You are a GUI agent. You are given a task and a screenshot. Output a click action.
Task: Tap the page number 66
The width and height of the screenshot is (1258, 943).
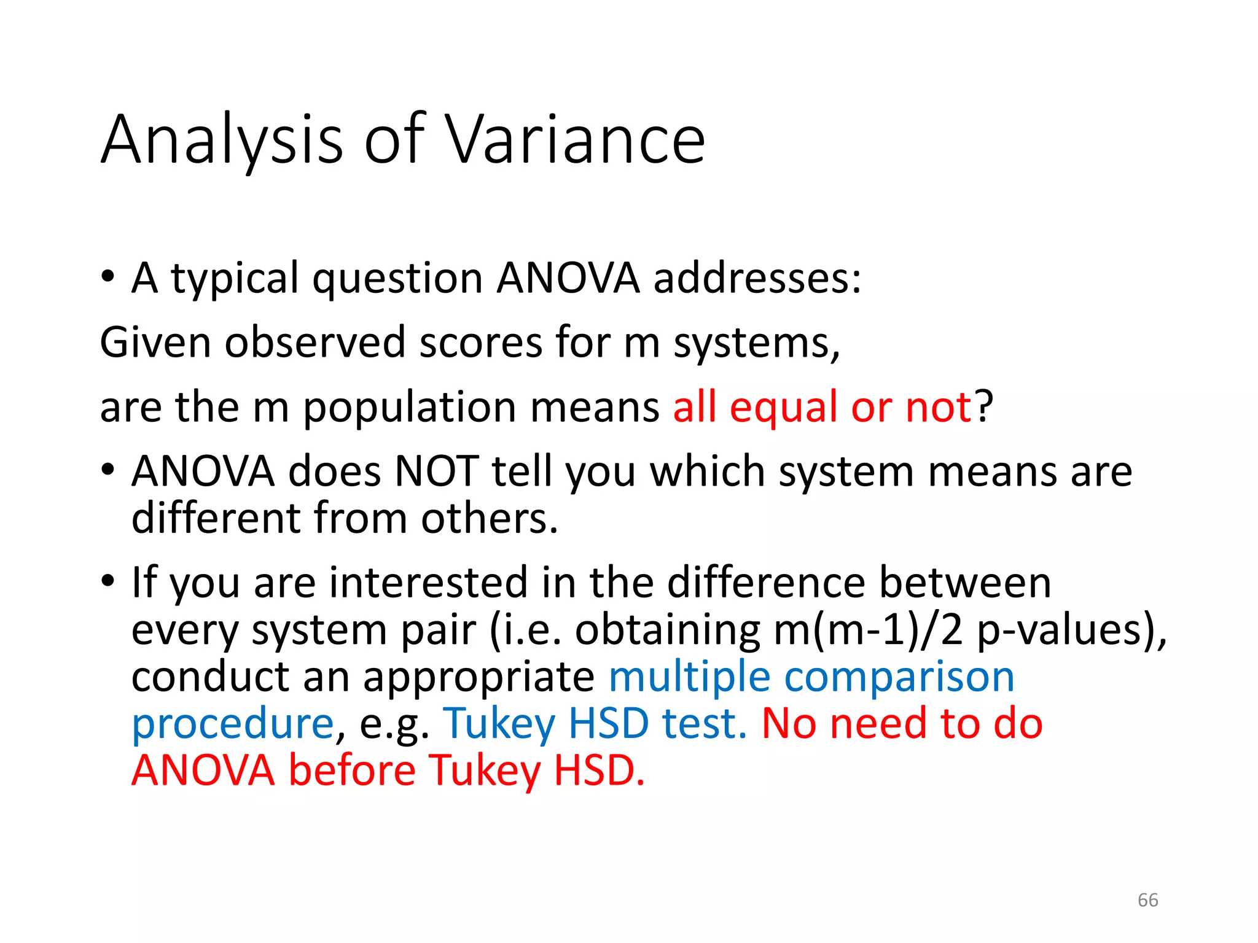1147,900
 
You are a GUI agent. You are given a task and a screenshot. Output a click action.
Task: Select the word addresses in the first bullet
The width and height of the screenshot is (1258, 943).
757,278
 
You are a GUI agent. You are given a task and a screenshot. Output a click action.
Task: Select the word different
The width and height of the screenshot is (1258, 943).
216,518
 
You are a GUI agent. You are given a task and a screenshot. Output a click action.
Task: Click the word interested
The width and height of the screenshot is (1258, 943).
428,582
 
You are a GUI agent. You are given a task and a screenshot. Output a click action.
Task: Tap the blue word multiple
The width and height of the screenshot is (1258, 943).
689,677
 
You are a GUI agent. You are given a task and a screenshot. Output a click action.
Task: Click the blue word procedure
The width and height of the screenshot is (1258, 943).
233,723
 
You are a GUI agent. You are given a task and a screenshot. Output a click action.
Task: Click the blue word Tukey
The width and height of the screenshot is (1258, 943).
499,723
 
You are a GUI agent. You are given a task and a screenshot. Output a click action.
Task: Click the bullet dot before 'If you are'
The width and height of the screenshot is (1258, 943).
108,580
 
